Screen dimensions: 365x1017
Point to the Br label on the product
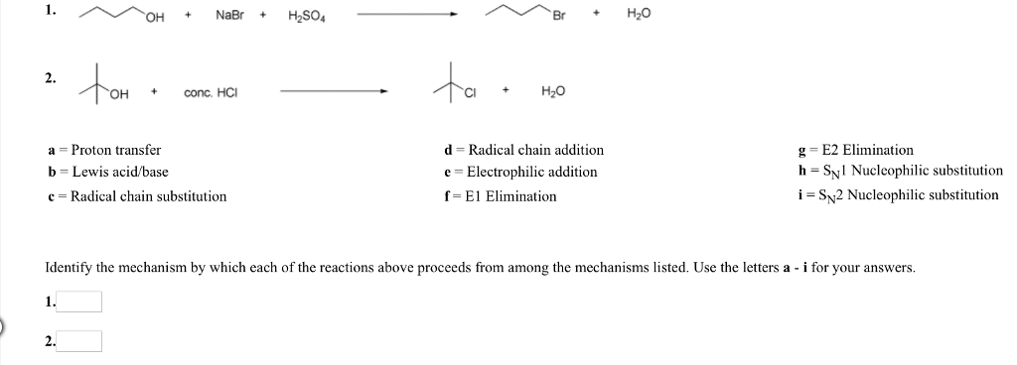pyautogui.click(x=561, y=18)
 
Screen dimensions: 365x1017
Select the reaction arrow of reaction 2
pyautogui.click(x=334, y=91)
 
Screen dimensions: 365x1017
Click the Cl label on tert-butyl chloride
pyautogui.click(x=474, y=96)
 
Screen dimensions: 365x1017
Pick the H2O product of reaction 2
pyautogui.click(x=552, y=92)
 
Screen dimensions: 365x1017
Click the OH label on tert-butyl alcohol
pyautogui.click(x=119, y=96)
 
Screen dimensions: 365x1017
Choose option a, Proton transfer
pyautogui.click(x=104, y=150)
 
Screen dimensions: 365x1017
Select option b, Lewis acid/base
pyautogui.click(x=108, y=172)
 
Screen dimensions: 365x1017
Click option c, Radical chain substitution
pyautogui.click(x=137, y=196)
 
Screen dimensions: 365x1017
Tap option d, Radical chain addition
pyautogui.click(x=524, y=150)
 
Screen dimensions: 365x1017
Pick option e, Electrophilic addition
pyautogui.click(x=521, y=172)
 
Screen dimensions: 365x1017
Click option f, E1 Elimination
pyautogui.click(x=502, y=196)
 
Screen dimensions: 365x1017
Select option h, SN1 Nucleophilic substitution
pyautogui.click(x=900, y=172)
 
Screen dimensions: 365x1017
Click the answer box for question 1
pyautogui.click(x=81, y=302)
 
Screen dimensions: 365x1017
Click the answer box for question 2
pyautogui.click(x=81, y=341)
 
